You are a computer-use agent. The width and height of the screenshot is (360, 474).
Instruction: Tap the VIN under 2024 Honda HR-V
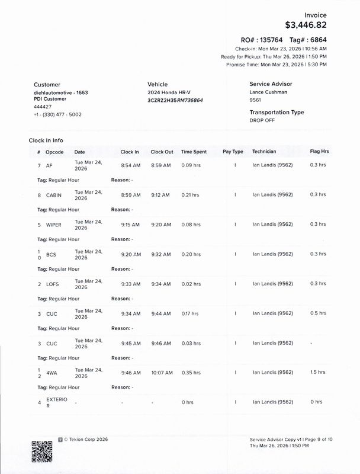click(x=175, y=101)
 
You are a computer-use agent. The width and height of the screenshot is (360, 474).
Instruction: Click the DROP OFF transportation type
click(x=263, y=120)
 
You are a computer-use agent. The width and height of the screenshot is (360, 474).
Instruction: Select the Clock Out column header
click(x=162, y=152)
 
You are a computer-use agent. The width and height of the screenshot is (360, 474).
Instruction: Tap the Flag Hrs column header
click(x=319, y=152)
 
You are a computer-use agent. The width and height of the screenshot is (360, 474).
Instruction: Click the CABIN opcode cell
click(x=53, y=195)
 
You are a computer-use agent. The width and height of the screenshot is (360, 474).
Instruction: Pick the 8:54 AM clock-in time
click(x=130, y=165)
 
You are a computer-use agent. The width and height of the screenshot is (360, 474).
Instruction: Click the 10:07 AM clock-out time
click(x=162, y=373)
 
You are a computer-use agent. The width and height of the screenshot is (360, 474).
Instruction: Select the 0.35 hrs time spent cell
click(x=191, y=373)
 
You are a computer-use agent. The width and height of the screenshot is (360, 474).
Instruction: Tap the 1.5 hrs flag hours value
click(x=317, y=373)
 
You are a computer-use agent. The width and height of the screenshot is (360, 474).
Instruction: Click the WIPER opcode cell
click(x=53, y=225)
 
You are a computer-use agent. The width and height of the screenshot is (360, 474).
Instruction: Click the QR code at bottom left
click(x=42, y=451)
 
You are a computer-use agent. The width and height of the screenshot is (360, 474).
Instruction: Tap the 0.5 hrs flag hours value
click(x=317, y=313)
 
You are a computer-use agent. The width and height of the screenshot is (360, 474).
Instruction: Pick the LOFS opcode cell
click(x=53, y=284)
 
